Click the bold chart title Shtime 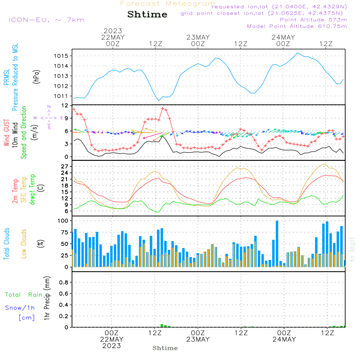point(147,14)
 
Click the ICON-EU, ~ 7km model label point(46,20)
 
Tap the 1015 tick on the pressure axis point(61,56)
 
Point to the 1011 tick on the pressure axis point(61,96)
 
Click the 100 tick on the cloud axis point(63,220)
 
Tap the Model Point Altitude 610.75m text point(297,26)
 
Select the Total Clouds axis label point(6,244)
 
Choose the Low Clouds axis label point(24,244)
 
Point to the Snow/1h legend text point(20,308)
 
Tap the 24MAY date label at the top point(283,37)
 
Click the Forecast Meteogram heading point(168,4)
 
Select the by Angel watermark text point(352,249)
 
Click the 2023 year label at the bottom point(112,346)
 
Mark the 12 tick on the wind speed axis point(65,105)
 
